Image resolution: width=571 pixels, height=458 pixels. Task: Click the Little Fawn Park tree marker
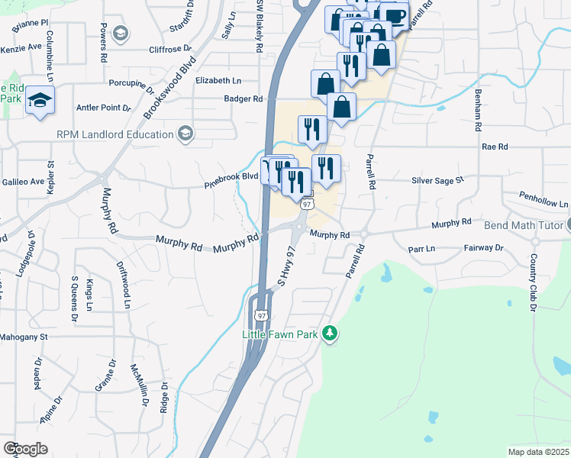click(x=330, y=333)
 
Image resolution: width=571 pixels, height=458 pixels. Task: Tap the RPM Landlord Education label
click(x=115, y=135)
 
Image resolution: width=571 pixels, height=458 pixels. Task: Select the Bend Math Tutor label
click(x=523, y=226)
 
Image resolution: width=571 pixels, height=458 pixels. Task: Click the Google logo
click(x=25, y=449)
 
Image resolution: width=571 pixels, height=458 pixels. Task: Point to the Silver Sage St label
click(x=437, y=180)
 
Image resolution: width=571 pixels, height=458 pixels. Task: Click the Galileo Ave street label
click(x=23, y=182)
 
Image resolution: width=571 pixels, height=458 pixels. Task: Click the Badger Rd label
click(x=243, y=98)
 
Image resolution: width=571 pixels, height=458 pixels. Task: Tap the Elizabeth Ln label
click(x=218, y=80)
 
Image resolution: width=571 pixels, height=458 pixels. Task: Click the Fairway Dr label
click(x=484, y=248)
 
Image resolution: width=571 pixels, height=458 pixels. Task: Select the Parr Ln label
click(x=421, y=248)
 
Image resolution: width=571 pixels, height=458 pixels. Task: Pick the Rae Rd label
click(x=495, y=146)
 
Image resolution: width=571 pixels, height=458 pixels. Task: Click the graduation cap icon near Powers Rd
click(x=120, y=33)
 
